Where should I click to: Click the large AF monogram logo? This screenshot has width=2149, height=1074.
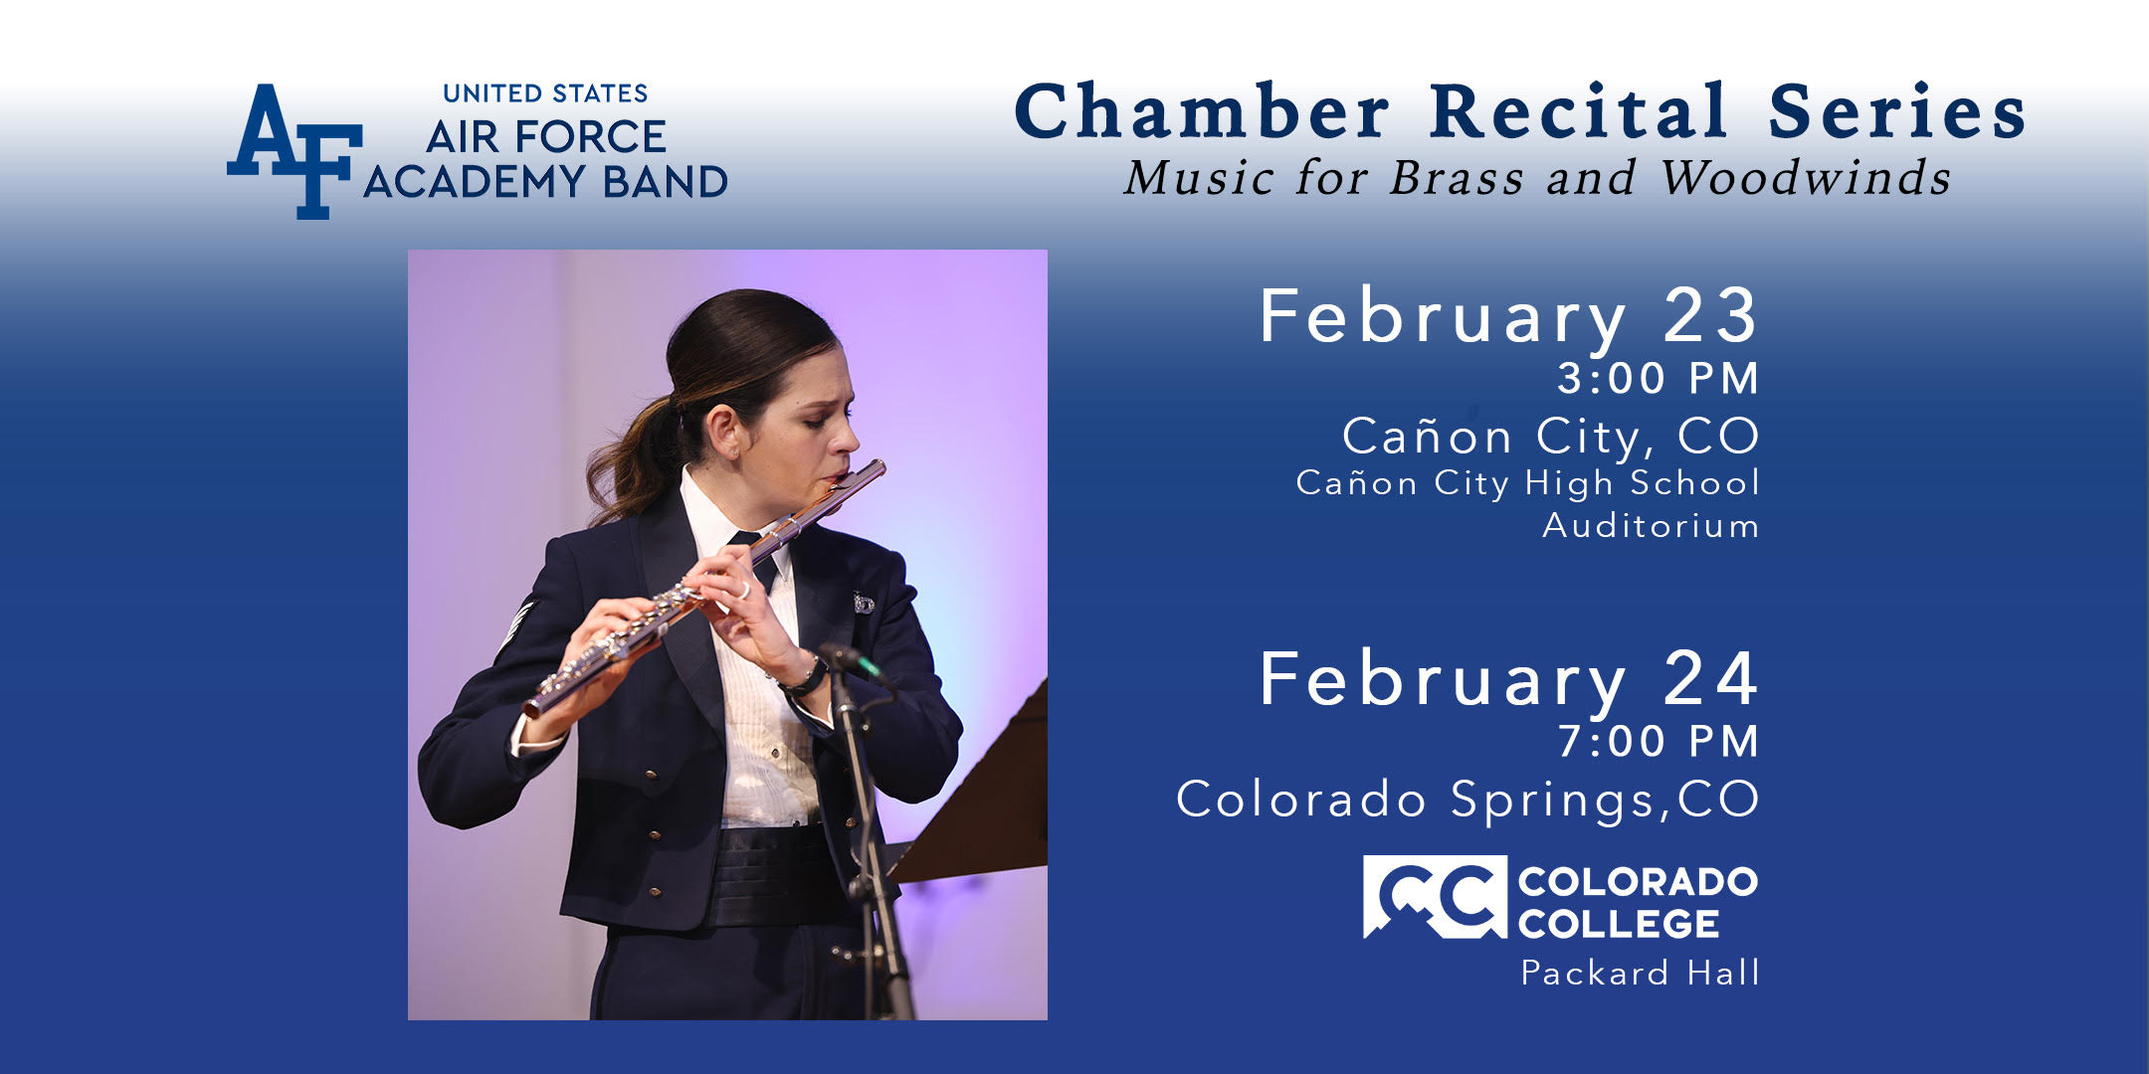[x=294, y=151]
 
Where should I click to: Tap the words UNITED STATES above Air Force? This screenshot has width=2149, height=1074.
[x=545, y=93]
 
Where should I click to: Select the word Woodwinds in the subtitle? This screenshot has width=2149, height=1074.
[x=1805, y=178]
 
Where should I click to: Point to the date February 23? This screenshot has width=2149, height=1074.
[x=1509, y=316]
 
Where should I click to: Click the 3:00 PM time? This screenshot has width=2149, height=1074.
[x=1659, y=378]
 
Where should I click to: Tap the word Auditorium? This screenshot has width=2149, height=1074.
[x=1651, y=525]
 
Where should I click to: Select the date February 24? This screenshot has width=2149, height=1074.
[x=1509, y=679]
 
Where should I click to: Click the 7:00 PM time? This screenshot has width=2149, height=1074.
[x=1659, y=741]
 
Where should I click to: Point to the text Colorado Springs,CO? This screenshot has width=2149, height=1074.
[x=1467, y=800]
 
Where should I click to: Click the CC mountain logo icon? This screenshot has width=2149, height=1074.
[x=1435, y=897]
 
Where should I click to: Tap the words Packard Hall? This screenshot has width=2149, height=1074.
[x=1641, y=972]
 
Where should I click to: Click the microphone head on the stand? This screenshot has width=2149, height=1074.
[x=851, y=661]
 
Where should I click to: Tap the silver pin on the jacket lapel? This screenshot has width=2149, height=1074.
[x=863, y=603]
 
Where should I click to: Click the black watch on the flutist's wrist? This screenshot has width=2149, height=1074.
[x=804, y=678]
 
